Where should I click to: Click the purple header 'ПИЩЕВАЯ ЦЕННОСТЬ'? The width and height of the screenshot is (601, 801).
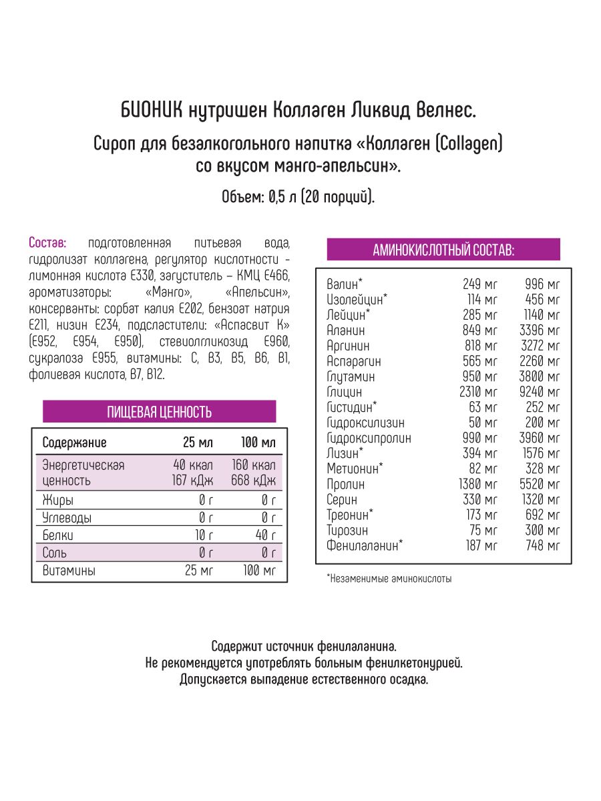[x=159, y=412]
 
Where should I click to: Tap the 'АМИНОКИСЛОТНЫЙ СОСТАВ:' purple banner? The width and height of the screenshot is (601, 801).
[x=443, y=250]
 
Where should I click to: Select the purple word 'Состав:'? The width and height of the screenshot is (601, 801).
[x=47, y=242]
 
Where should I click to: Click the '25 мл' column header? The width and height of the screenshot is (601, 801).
[x=198, y=443]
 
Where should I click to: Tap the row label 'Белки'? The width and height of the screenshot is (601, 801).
[x=57, y=535]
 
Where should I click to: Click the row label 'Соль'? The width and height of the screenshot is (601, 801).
[x=55, y=553]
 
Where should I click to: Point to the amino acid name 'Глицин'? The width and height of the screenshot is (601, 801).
[x=345, y=392]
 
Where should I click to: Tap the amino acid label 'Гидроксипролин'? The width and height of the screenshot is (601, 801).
[x=369, y=438]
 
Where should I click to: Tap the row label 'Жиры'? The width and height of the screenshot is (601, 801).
[x=57, y=500]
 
